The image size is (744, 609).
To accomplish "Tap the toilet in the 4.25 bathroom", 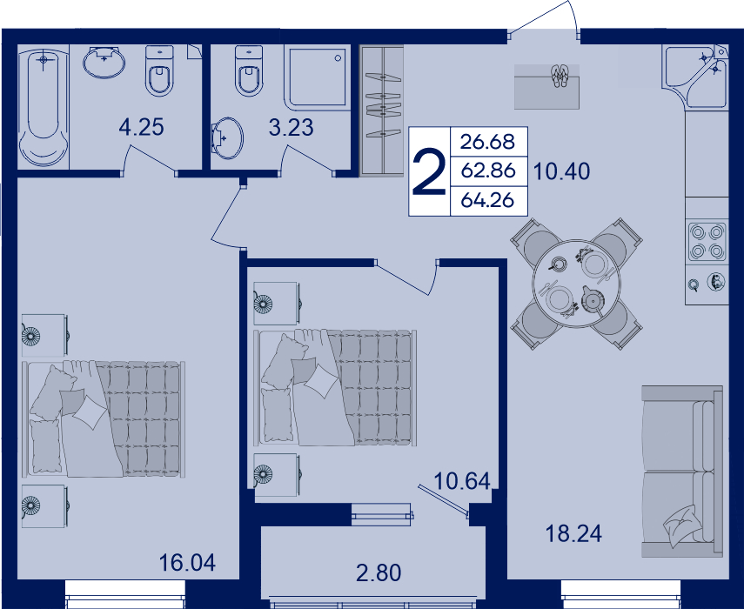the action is click(159, 70).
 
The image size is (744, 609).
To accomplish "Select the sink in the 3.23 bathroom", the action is click(226, 138).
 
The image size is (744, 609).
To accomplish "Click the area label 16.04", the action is click(187, 563).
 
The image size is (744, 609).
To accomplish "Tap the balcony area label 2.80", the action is click(379, 572).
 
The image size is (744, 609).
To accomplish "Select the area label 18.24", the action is click(573, 533).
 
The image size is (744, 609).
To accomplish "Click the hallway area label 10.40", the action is click(562, 171).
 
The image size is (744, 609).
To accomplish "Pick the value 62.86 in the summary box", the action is click(488, 171).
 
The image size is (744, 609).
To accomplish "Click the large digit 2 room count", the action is click(429, 171).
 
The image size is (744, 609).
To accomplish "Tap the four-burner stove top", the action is click(707, 242).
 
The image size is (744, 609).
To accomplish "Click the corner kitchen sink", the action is click(695, 76).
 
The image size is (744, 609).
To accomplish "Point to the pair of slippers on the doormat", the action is click(560, 76).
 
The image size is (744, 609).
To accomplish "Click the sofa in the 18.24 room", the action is click(682, 472).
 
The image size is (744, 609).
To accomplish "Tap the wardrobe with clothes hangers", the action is click(381, 110).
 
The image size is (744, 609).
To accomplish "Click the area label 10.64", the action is click(462, 481).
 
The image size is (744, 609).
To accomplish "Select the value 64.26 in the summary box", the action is click(488, 201).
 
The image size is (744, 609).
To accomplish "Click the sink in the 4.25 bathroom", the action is click(104, 63).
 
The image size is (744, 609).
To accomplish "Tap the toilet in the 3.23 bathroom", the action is click(249, 70).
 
